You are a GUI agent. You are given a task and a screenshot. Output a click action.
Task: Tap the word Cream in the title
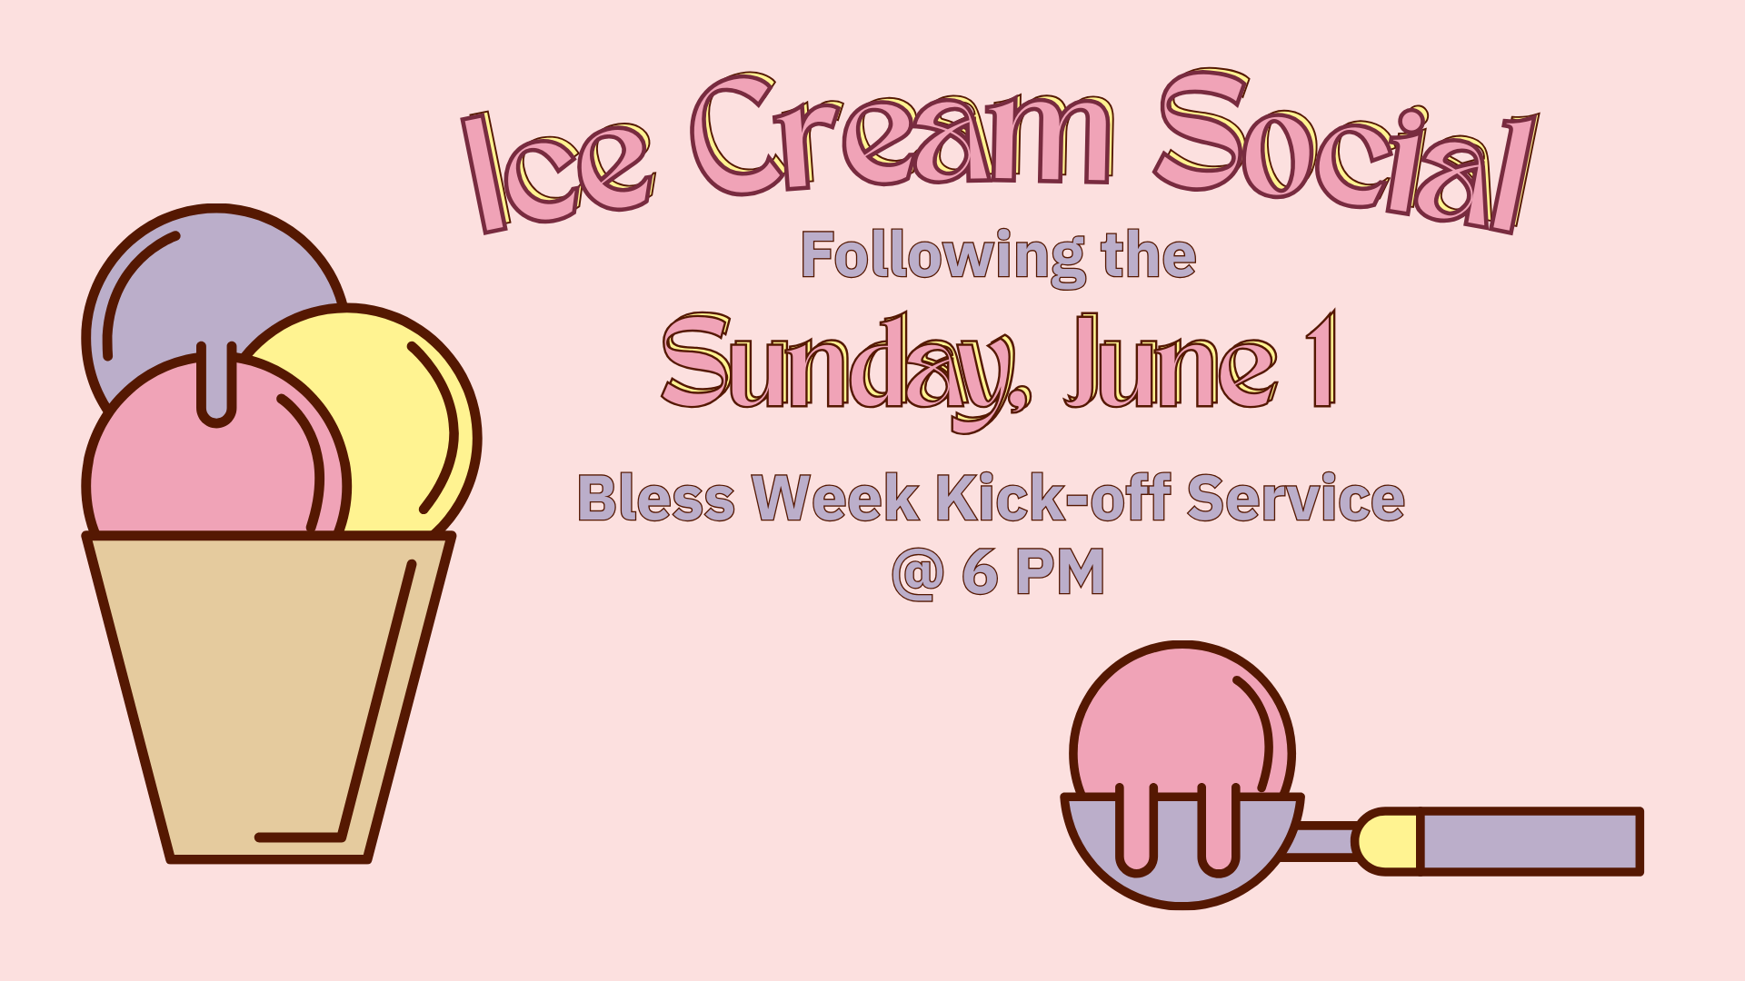coord(902,134)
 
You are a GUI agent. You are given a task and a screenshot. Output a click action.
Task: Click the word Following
coord(943,258)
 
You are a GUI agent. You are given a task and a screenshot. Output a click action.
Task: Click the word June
coord(1172,362)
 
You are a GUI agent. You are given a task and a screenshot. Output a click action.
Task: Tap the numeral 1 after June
coord(1321,360)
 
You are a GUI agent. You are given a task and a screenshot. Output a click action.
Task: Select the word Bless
coord(656,499)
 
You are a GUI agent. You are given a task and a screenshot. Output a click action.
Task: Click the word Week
coord(836,499)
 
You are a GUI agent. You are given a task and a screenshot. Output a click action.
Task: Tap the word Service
coord(1296,498)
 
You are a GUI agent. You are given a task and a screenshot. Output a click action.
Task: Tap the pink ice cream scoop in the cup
coord(214,454)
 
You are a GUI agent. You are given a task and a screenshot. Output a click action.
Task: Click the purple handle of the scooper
coord(1531,841)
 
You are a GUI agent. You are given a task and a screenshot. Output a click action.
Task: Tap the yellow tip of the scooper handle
coord(1387,841)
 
